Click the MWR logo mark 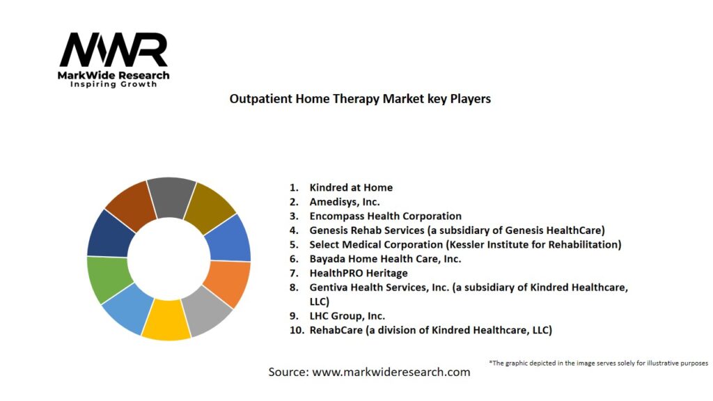113,49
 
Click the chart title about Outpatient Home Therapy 360,99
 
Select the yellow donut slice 166,320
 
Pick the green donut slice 108,279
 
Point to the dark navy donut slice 109,234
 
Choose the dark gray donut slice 171,197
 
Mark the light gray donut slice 207,311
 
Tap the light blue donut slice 129,309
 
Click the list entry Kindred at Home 351,187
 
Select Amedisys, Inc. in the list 345,202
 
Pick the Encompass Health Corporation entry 386,216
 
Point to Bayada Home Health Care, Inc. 385,259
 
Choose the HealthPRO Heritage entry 359,273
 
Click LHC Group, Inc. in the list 347,315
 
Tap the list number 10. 297,330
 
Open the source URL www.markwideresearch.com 391,372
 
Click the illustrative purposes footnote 598,363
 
